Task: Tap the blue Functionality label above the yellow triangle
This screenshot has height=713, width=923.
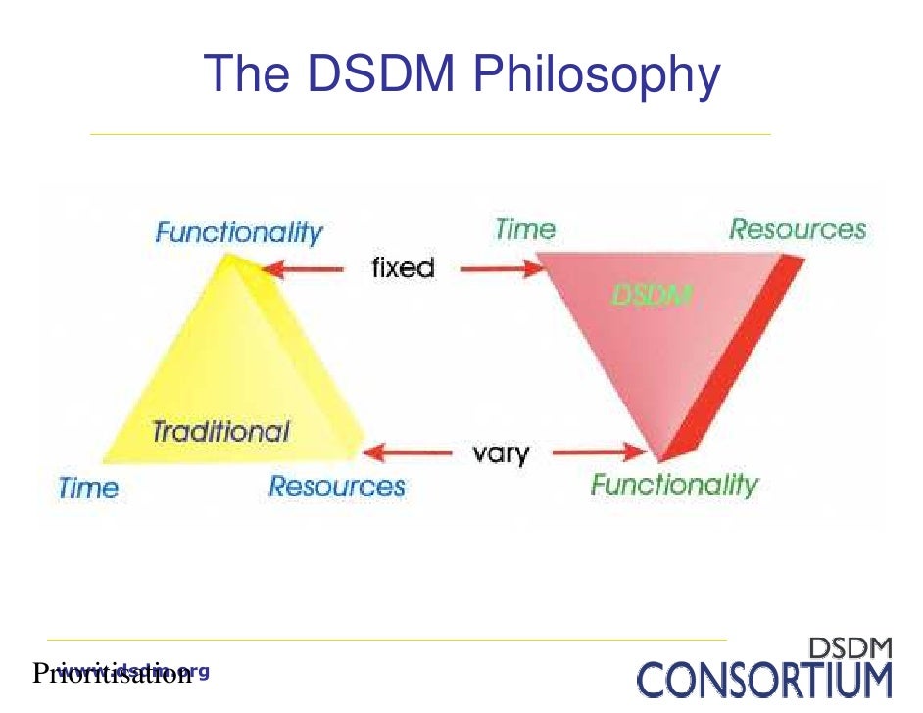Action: point(238,232)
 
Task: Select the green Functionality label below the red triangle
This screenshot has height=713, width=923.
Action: point(674,484)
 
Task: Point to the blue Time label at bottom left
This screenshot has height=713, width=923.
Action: point(88,487)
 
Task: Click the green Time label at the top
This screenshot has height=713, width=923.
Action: point(524,229)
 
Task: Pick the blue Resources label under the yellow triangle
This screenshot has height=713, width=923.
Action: point(337,485)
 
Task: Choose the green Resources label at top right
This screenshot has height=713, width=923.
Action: point(798,229)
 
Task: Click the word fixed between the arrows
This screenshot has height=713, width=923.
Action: point(403,266)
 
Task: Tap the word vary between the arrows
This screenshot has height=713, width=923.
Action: point(501,453)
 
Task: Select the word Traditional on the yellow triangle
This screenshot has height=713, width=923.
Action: point(220,430)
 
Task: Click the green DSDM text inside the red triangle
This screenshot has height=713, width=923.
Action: point(650,295)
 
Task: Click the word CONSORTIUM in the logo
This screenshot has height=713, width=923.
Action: point(764,680)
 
